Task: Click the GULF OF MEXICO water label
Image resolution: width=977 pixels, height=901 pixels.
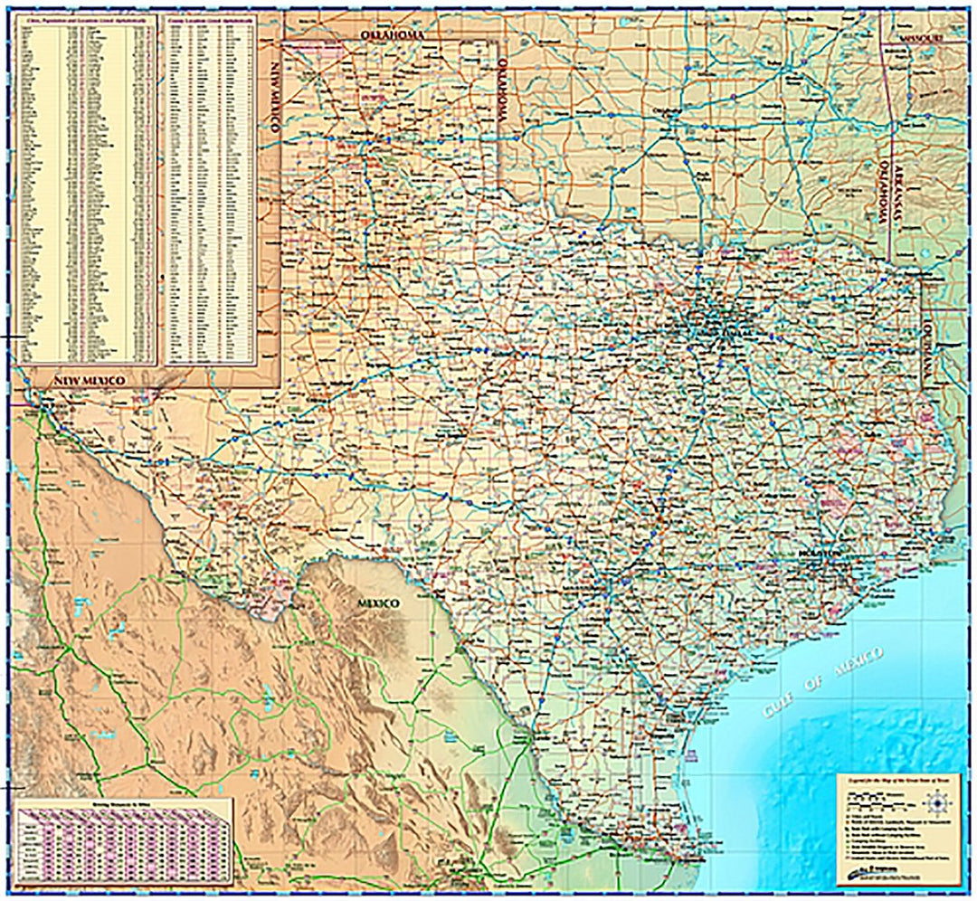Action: tap(823, 682)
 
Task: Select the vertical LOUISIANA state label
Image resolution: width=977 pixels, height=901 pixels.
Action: tap(928, 354)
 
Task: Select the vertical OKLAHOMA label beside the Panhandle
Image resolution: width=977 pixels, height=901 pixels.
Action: tap(501, 91)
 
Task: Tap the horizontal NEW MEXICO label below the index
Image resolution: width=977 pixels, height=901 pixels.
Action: tap(90, 381)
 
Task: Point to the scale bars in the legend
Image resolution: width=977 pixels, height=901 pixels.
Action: tap(873, 798)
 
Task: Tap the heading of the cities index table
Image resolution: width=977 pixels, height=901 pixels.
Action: tap(87, 18)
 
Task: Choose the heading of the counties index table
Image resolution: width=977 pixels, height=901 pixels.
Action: tap(208, 18)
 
